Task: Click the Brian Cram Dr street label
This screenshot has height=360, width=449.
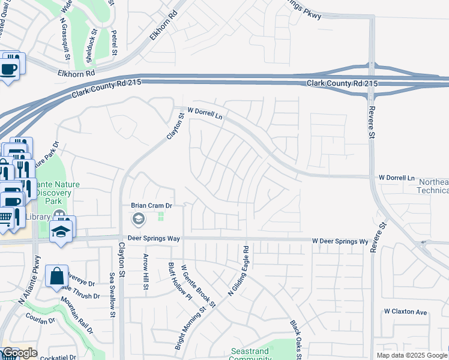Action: click(152, 205)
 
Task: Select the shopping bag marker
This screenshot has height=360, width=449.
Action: click(56, 277)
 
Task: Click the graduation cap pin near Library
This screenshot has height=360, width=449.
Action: click(61, 231)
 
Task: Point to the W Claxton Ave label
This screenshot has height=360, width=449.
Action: click(405, 312)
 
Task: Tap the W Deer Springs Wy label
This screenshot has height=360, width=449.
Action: click(340, 241)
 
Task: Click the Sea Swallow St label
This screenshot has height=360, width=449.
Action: click(112, 291)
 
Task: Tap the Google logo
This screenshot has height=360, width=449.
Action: click(20, 353)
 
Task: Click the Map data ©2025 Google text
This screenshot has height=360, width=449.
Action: click(412, 355)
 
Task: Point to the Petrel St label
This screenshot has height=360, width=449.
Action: click(113, 44)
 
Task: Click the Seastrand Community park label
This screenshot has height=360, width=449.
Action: click(250, 354)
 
